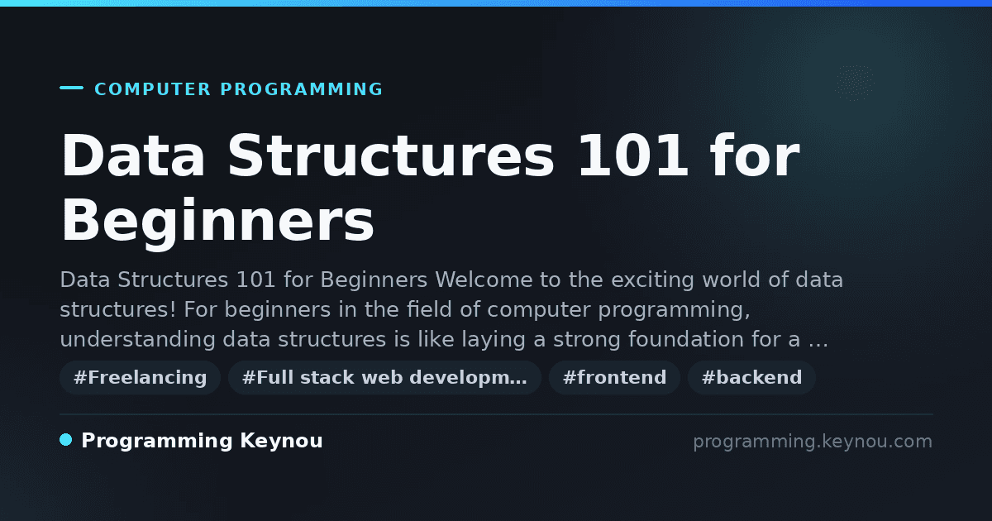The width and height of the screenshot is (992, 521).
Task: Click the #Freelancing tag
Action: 140,377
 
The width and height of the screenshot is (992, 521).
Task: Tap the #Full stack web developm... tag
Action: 384,377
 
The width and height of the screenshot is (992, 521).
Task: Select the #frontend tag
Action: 614,377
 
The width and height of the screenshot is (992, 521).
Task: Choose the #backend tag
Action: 751,377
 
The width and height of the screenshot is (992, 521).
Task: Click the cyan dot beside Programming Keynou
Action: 66,440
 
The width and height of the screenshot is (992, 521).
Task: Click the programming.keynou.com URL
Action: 813,442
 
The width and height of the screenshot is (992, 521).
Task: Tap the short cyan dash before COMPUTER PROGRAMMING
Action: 71,88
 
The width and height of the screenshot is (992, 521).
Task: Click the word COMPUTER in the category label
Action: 153,89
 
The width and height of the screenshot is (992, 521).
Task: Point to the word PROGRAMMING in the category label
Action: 302,89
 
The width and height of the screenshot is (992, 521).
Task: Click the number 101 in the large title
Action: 633,155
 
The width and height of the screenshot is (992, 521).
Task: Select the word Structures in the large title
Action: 390,155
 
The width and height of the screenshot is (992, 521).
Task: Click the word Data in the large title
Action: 133,155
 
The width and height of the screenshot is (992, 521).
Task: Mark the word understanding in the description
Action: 138,340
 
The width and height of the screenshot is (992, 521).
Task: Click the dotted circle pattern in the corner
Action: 855,83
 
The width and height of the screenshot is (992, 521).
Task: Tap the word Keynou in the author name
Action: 281,441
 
